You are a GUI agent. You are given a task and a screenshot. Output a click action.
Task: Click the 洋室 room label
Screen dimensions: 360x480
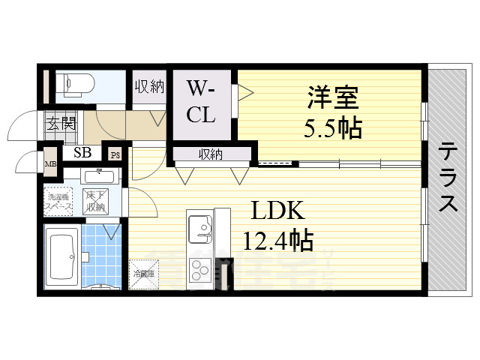pyautogui.click(x=332, y=97)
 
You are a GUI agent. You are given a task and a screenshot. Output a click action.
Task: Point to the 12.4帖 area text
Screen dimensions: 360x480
pyautogui.click(x=277, y=241)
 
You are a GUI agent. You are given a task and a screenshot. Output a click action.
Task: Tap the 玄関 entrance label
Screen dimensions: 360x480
pyautogui.click(x=60, y=124)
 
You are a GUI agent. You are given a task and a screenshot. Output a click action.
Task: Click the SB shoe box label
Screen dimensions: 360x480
pyautogui.click(x=82, y=153)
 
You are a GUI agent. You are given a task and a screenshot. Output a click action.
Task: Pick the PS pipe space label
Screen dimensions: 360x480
pyautogui.click(x=115, y=155)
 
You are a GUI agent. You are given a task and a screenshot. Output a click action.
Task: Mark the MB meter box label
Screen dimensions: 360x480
pyautogui.click(x=50, y=164)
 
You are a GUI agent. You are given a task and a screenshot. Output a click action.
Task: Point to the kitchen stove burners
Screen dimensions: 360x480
pyautogui.click(x=201, y=268)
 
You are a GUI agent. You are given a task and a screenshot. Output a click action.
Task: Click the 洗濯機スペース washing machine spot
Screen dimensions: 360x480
pyautogui.click(x=58, y=200)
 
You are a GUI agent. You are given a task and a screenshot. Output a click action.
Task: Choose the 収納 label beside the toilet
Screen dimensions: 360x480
pyautogui.click(x=149, y=87)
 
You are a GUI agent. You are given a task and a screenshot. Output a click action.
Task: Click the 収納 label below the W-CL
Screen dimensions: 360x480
pyautogui.click(x=211, y=154)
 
